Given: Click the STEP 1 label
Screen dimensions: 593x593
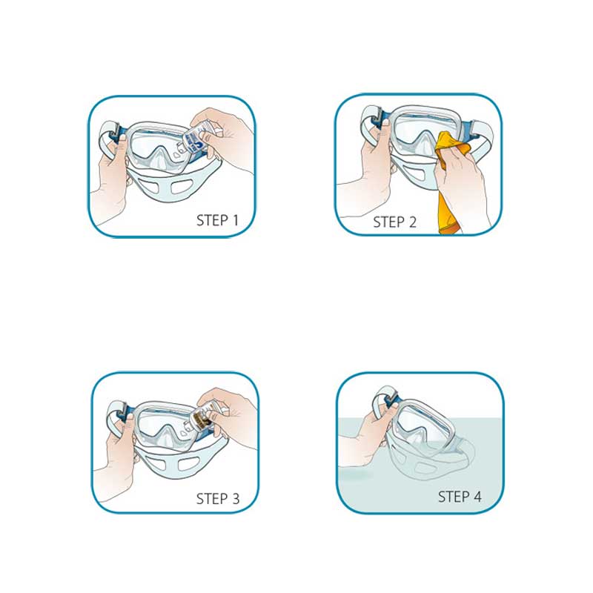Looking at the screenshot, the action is pyautogui.click(x=217, y=220).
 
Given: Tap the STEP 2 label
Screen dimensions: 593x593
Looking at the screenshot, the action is pyautogui.click(x=394, y=222).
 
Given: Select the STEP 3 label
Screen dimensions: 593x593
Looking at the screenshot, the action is pyautogui.click(x=218, y=499).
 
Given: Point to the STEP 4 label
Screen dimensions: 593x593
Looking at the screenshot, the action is pyautogui.click(x=460, y=497).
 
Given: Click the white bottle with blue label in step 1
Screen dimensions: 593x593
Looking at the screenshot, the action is pyautogui.click(x=194, y=140).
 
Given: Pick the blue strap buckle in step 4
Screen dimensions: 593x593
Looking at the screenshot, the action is pyautogui.click(x=391, y=399).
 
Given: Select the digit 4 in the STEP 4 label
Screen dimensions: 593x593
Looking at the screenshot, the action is pyautogui.click(x=477, y=497).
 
